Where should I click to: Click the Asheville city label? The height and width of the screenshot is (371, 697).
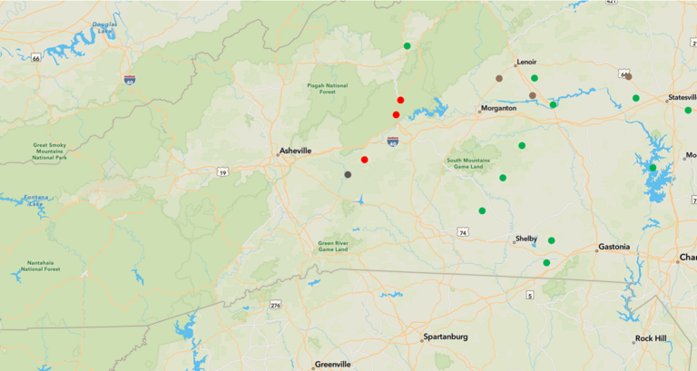(x=296, y=151)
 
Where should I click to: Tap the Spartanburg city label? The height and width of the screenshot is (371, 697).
(x=446, y=337)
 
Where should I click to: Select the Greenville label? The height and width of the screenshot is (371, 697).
(x=333, y=364)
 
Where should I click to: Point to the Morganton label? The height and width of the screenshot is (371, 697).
(x=499, y=108)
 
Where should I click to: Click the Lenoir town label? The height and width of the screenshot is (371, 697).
(x=526, y=63)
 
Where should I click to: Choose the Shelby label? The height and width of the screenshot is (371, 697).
(x=526, y=239)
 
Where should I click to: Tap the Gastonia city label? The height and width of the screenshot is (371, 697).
(x=615, y=248)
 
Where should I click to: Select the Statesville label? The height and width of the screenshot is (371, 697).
(x=682, y=97)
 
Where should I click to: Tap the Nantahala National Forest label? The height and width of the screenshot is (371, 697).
(x=41, y=267)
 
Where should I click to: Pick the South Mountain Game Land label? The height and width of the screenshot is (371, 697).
(x=469, y=163)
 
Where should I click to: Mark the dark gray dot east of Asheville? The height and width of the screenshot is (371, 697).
(x=348, y=174)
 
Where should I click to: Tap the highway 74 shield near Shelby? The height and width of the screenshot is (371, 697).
(x=463, y=233)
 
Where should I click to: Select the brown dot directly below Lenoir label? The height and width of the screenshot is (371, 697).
(x=533, y=95)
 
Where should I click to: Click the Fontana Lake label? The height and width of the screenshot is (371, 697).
(x=35, y=200)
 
